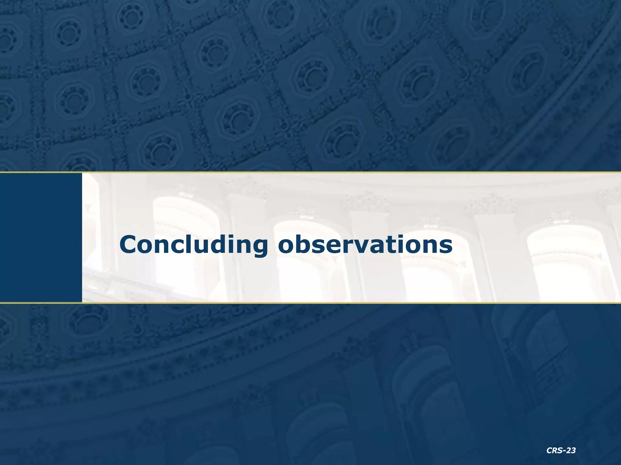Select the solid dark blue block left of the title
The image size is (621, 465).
(41, 237)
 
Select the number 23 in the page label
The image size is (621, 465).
(571, 451)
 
